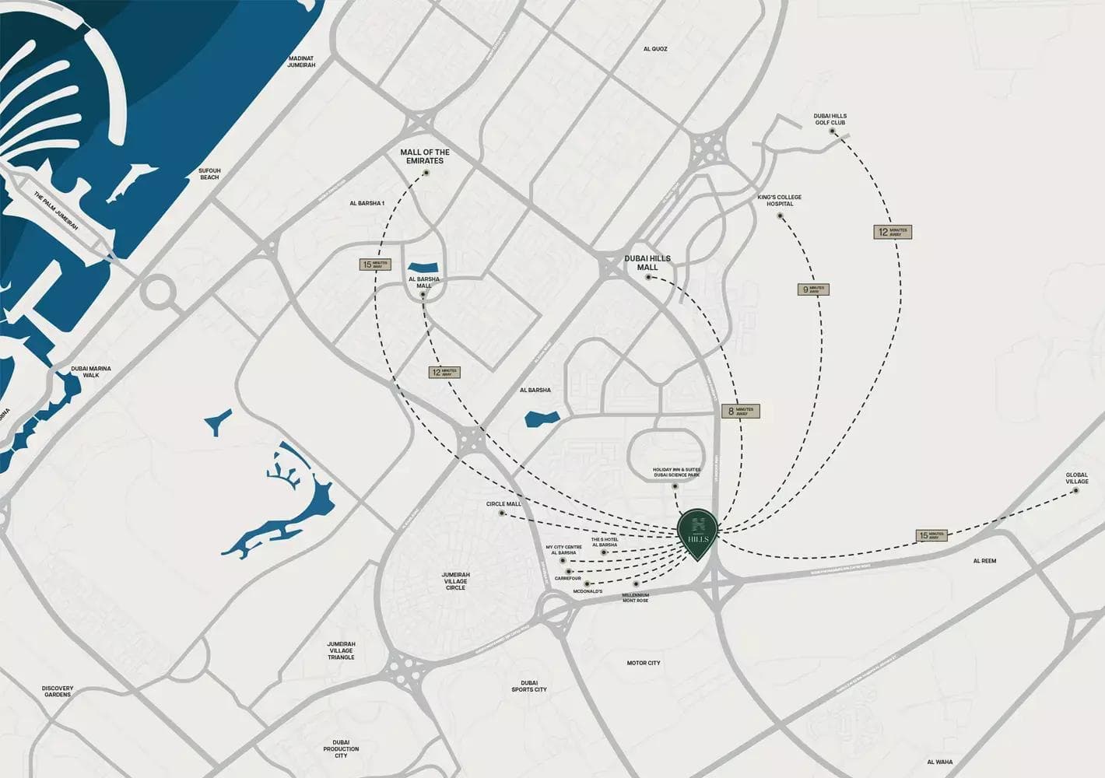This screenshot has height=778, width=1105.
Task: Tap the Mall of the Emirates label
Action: pos(425,156)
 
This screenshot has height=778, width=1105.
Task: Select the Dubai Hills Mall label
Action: pos(647,263)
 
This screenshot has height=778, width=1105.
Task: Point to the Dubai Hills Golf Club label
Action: pos(830,119)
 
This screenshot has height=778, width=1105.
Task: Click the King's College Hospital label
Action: pos(780,201)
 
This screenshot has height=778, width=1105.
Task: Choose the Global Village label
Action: pos(1077,478)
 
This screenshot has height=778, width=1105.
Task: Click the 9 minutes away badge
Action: pos(814,289)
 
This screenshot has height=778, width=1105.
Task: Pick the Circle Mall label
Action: pos(503,504)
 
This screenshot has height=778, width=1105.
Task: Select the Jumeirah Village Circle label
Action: pos(456,581)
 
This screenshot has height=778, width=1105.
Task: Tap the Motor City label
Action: pos(644,663)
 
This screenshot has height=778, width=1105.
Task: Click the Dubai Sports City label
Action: pos(529,686)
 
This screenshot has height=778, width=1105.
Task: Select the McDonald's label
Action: pos(588,592)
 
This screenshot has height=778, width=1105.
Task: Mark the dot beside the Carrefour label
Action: pos(570,571)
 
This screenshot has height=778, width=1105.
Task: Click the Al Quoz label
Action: pos(655,49)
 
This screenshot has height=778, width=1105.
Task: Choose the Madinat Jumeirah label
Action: pos(301,61)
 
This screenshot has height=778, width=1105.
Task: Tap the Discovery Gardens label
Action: pos(58,691)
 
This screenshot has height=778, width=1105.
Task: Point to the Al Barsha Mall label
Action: pos(424,282)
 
